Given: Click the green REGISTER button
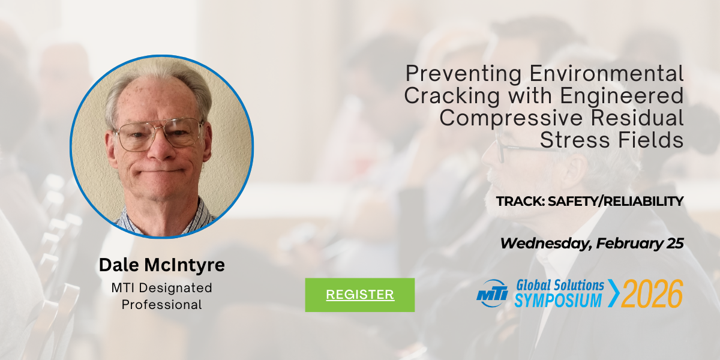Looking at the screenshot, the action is [x=359, y=295].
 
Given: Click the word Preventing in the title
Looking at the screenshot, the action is [x=463, y=74].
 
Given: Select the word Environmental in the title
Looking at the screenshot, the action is [x=607, y=74].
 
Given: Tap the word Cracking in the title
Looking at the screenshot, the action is [x=452, y=97].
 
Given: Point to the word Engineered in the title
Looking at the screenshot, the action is [x=622, y=97].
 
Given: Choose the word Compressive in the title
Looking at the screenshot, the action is [x=511, y=118].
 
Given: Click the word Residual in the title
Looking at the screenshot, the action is [x=637, y=118].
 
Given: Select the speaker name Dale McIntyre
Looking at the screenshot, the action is [x=161, y=265].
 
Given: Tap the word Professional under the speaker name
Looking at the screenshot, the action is [x=161, y=305].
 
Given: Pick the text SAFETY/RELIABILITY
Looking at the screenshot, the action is [x=616, y=201].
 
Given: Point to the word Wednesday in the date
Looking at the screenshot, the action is [x=546, y=244].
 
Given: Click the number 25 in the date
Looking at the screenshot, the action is [x=675, y=244].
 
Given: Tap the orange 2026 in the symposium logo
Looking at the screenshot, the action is [x=652, y=293].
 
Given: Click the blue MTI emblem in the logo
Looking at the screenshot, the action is [x=492, y=293].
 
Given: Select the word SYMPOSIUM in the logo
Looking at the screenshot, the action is [x=558, y=301].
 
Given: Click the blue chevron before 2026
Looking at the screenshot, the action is [x=614, y=293].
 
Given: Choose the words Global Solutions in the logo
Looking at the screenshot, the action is [x=560, y=286].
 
